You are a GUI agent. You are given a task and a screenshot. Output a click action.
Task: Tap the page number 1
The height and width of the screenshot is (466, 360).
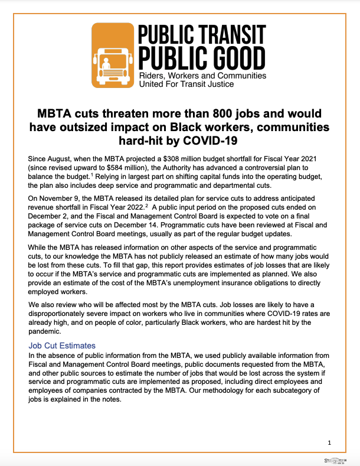tap(329, 442)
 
